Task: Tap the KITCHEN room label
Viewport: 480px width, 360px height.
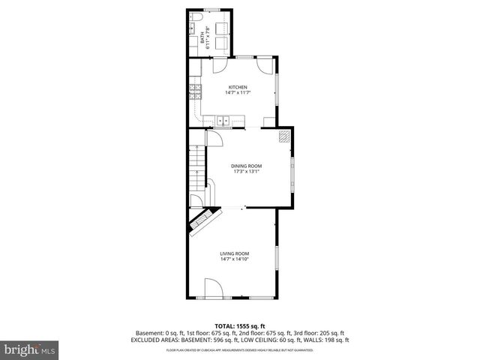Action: click(238, 87)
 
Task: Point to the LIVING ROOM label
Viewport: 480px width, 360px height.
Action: click(235, 253)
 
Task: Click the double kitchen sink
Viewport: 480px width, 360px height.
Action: click(223, 119)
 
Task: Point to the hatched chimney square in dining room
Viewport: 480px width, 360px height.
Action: click(283, 136)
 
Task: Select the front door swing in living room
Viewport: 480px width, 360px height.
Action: click(213, 287)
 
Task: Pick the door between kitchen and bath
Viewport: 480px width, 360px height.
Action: click(219, 64)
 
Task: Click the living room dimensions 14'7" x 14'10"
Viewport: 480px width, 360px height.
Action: click(235, 259)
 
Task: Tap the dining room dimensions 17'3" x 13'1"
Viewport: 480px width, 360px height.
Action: click(246, 171)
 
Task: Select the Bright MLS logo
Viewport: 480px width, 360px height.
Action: click(30, 349)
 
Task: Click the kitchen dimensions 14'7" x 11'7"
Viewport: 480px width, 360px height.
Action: click(238, 93)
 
